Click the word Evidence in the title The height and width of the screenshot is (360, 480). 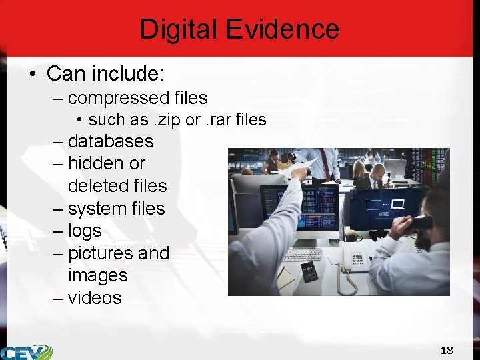pyautogui.click(x=283, y=30)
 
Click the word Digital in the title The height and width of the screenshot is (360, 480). pyautogui.click(x=179, y=30)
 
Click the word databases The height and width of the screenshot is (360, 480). pyautogui.click(x=111, y=141)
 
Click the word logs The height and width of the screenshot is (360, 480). pyautogui.click(x=85, y=231)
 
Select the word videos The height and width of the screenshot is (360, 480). pyautogui.click(x=95, y=298)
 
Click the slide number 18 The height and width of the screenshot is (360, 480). pyautogui.click(x=447, y=351)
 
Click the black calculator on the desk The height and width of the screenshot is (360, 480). pyautogui.click(x=309, y=271)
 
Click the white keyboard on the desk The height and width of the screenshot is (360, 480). pyautogui.click(x=302, y=255)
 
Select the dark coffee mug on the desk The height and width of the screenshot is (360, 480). pyautogui.click(x=351, y=236)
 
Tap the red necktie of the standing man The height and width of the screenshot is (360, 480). pyautogui.click(x=326, y=164)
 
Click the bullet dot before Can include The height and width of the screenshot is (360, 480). pyautogui.click(x=33, y=73)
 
